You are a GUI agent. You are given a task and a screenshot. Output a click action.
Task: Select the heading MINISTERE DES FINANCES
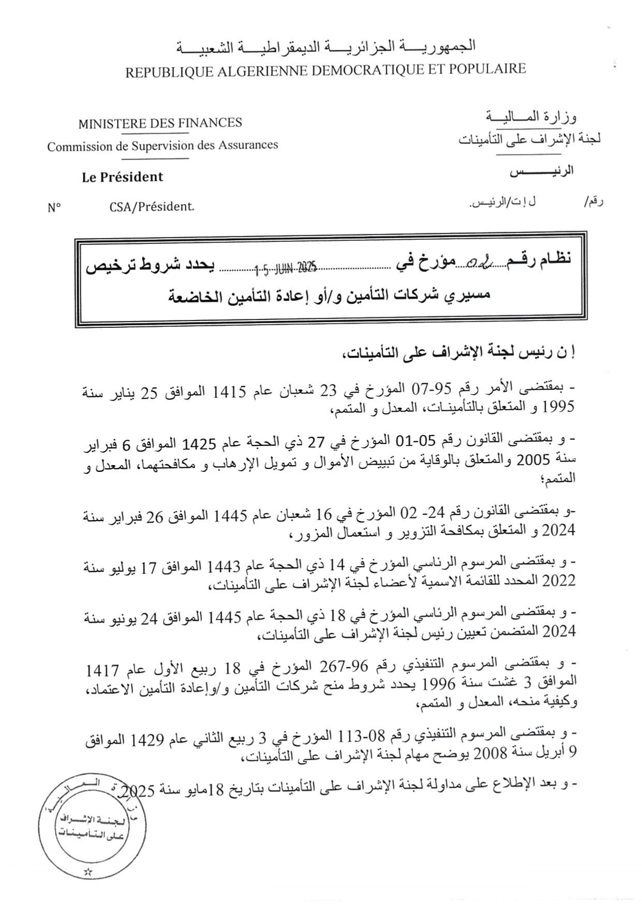[x=160, y=124]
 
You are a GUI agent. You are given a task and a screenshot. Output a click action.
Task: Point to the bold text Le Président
[x=122, y=177]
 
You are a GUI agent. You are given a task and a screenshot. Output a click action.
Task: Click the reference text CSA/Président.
[x=152, y=207]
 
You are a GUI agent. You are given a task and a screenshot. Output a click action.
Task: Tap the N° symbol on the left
[x=54, y=208]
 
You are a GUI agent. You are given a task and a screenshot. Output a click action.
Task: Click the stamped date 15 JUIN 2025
[x=285, y=268]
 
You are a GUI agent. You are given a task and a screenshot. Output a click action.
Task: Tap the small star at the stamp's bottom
[x=87, y=872]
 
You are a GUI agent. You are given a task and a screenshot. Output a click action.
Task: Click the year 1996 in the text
[x=439, y=685]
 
